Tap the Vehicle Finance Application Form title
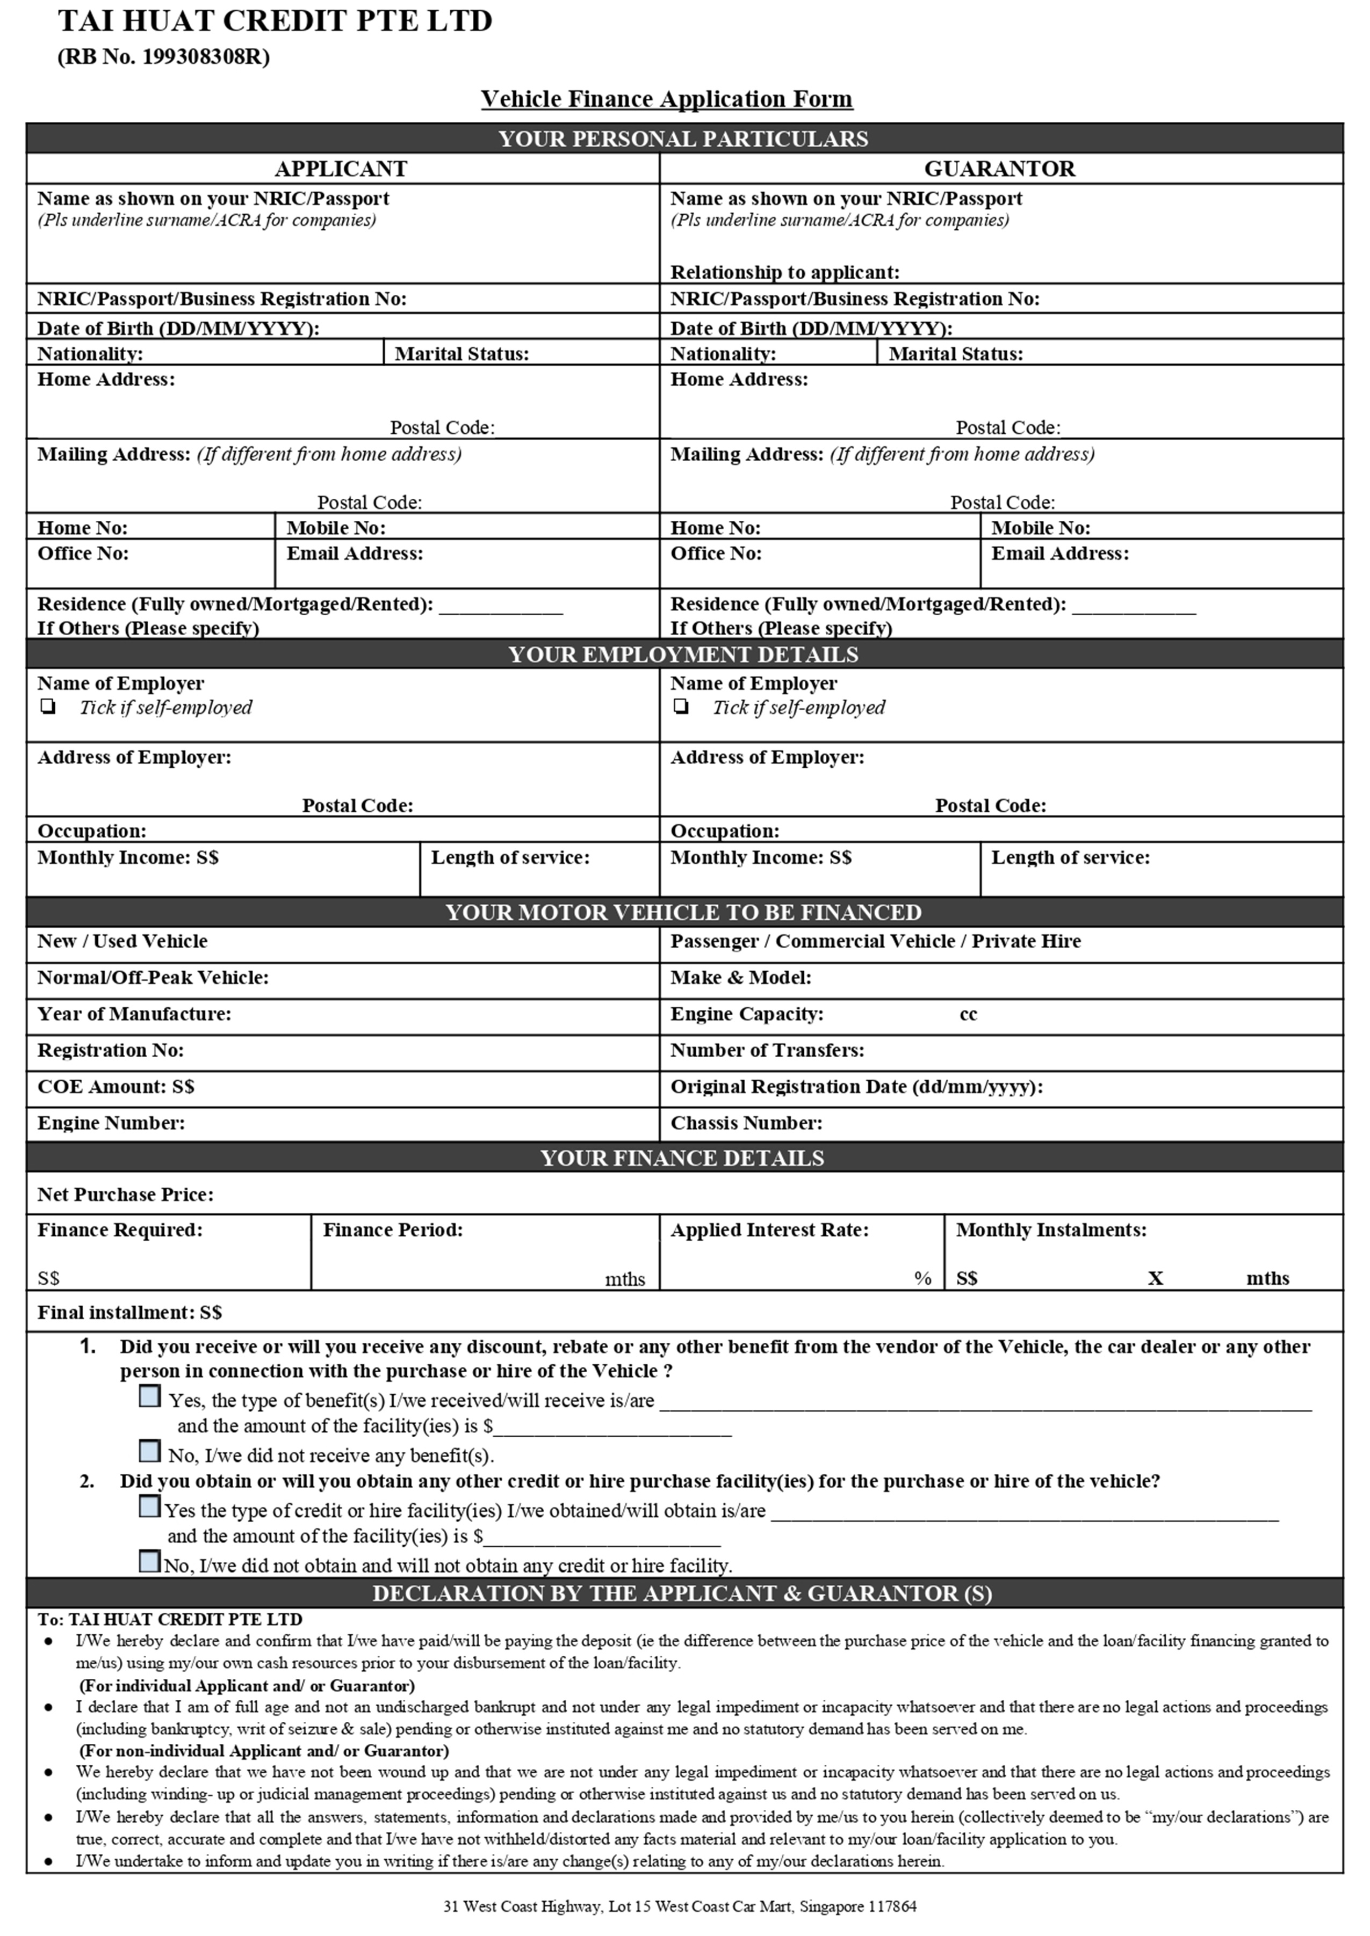click(666, 99)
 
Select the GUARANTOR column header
click(1000, 169)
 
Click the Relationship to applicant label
click(784, 272)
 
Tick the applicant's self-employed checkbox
click(48, 707)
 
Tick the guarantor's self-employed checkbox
click(681, 707)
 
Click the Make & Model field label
click(741, 978)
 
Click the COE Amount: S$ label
click(116, 1087)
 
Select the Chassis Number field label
click(746, 1123)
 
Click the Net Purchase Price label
click(125, 1195)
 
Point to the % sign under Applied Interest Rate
click(923, 1278)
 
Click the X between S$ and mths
click(1155, 1278)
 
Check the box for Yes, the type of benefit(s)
click(149, 1397)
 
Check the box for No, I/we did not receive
click(149, 1452)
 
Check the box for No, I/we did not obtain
click(149, 1562)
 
